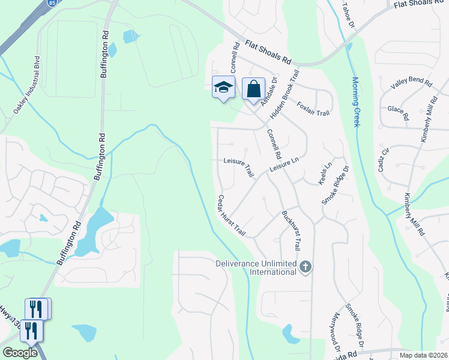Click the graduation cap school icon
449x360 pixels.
tap(223, 87)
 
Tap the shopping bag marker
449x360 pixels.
tap(253, 89)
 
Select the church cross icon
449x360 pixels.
tap(306, 266)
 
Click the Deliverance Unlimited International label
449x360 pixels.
tap(257, 268)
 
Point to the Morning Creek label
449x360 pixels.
tap(355, 101)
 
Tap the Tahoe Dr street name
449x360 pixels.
tap(348, 16)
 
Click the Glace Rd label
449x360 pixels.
tap(398, 112)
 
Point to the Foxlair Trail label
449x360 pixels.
tap(313, 109)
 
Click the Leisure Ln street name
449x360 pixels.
tap(284, 166)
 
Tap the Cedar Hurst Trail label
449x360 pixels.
tap(232, 215)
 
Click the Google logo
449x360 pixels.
tap(20, 353)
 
